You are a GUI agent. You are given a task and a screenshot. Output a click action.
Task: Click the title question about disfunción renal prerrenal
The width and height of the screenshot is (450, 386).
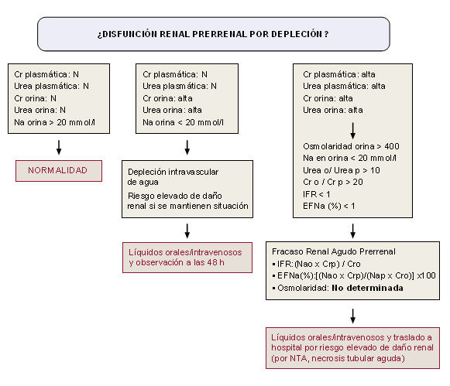[x=213, y=34]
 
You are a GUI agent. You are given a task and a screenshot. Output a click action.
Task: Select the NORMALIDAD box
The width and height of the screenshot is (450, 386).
[x=58, y=170]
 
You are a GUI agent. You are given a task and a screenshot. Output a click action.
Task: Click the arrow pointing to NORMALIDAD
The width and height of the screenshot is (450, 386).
[x=58, y=146]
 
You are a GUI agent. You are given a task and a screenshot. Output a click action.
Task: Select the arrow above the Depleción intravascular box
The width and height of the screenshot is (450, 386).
[x=187, y=146]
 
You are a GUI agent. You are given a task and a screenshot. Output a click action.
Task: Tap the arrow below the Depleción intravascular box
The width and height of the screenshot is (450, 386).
[x=187, y=230]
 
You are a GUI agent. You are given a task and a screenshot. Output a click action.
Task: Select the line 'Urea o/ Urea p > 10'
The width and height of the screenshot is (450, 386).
[x=342, y=170]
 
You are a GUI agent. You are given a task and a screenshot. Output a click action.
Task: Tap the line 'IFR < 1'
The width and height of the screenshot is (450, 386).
[x=318, y=195]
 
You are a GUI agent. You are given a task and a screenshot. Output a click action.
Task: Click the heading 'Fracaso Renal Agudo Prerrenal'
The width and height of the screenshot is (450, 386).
[x=334, y=251]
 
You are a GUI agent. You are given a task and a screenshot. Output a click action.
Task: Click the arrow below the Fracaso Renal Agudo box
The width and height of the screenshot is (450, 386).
[x=354, y=315]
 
